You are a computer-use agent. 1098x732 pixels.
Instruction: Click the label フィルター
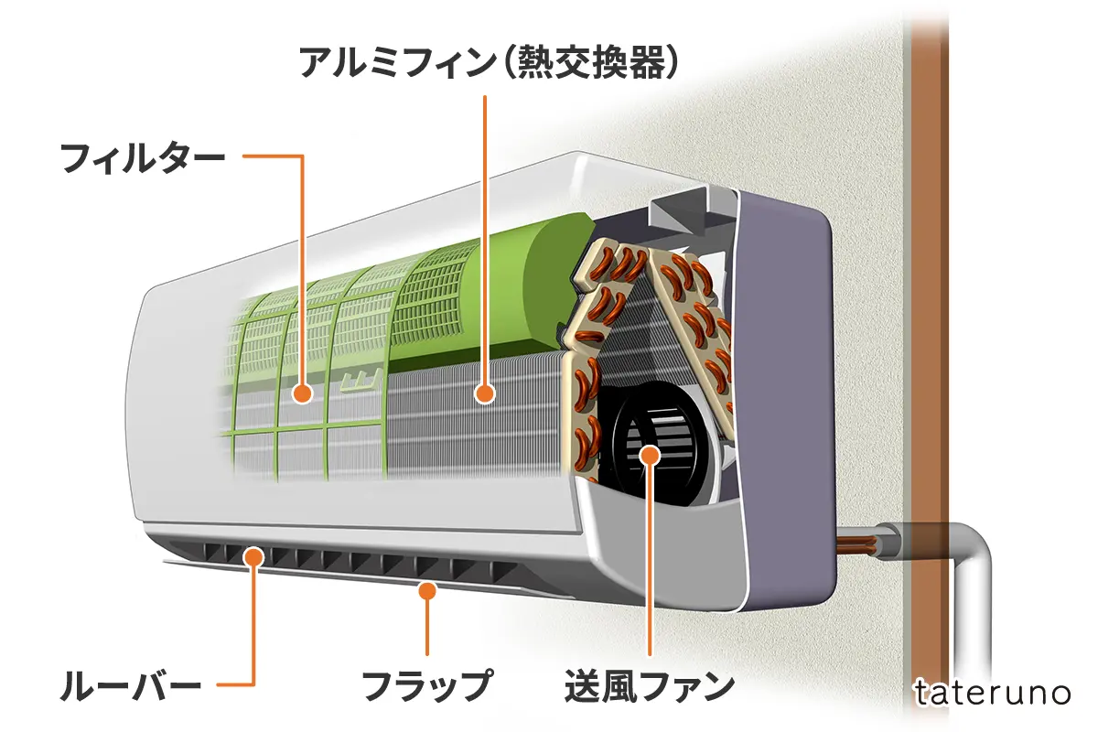point(142,157)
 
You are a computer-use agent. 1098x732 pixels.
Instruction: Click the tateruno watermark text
point(992,693)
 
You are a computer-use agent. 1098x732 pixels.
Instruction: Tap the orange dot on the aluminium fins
point(485,394)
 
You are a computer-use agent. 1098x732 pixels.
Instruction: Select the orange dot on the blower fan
point(650,454)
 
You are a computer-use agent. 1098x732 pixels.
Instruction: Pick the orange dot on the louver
point(253,554)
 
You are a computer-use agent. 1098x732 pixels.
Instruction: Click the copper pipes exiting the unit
point(869,544)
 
